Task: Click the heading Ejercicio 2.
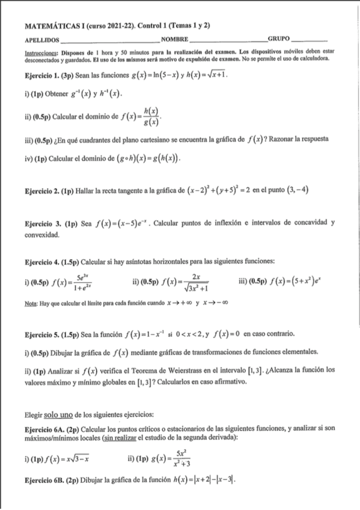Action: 44,191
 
